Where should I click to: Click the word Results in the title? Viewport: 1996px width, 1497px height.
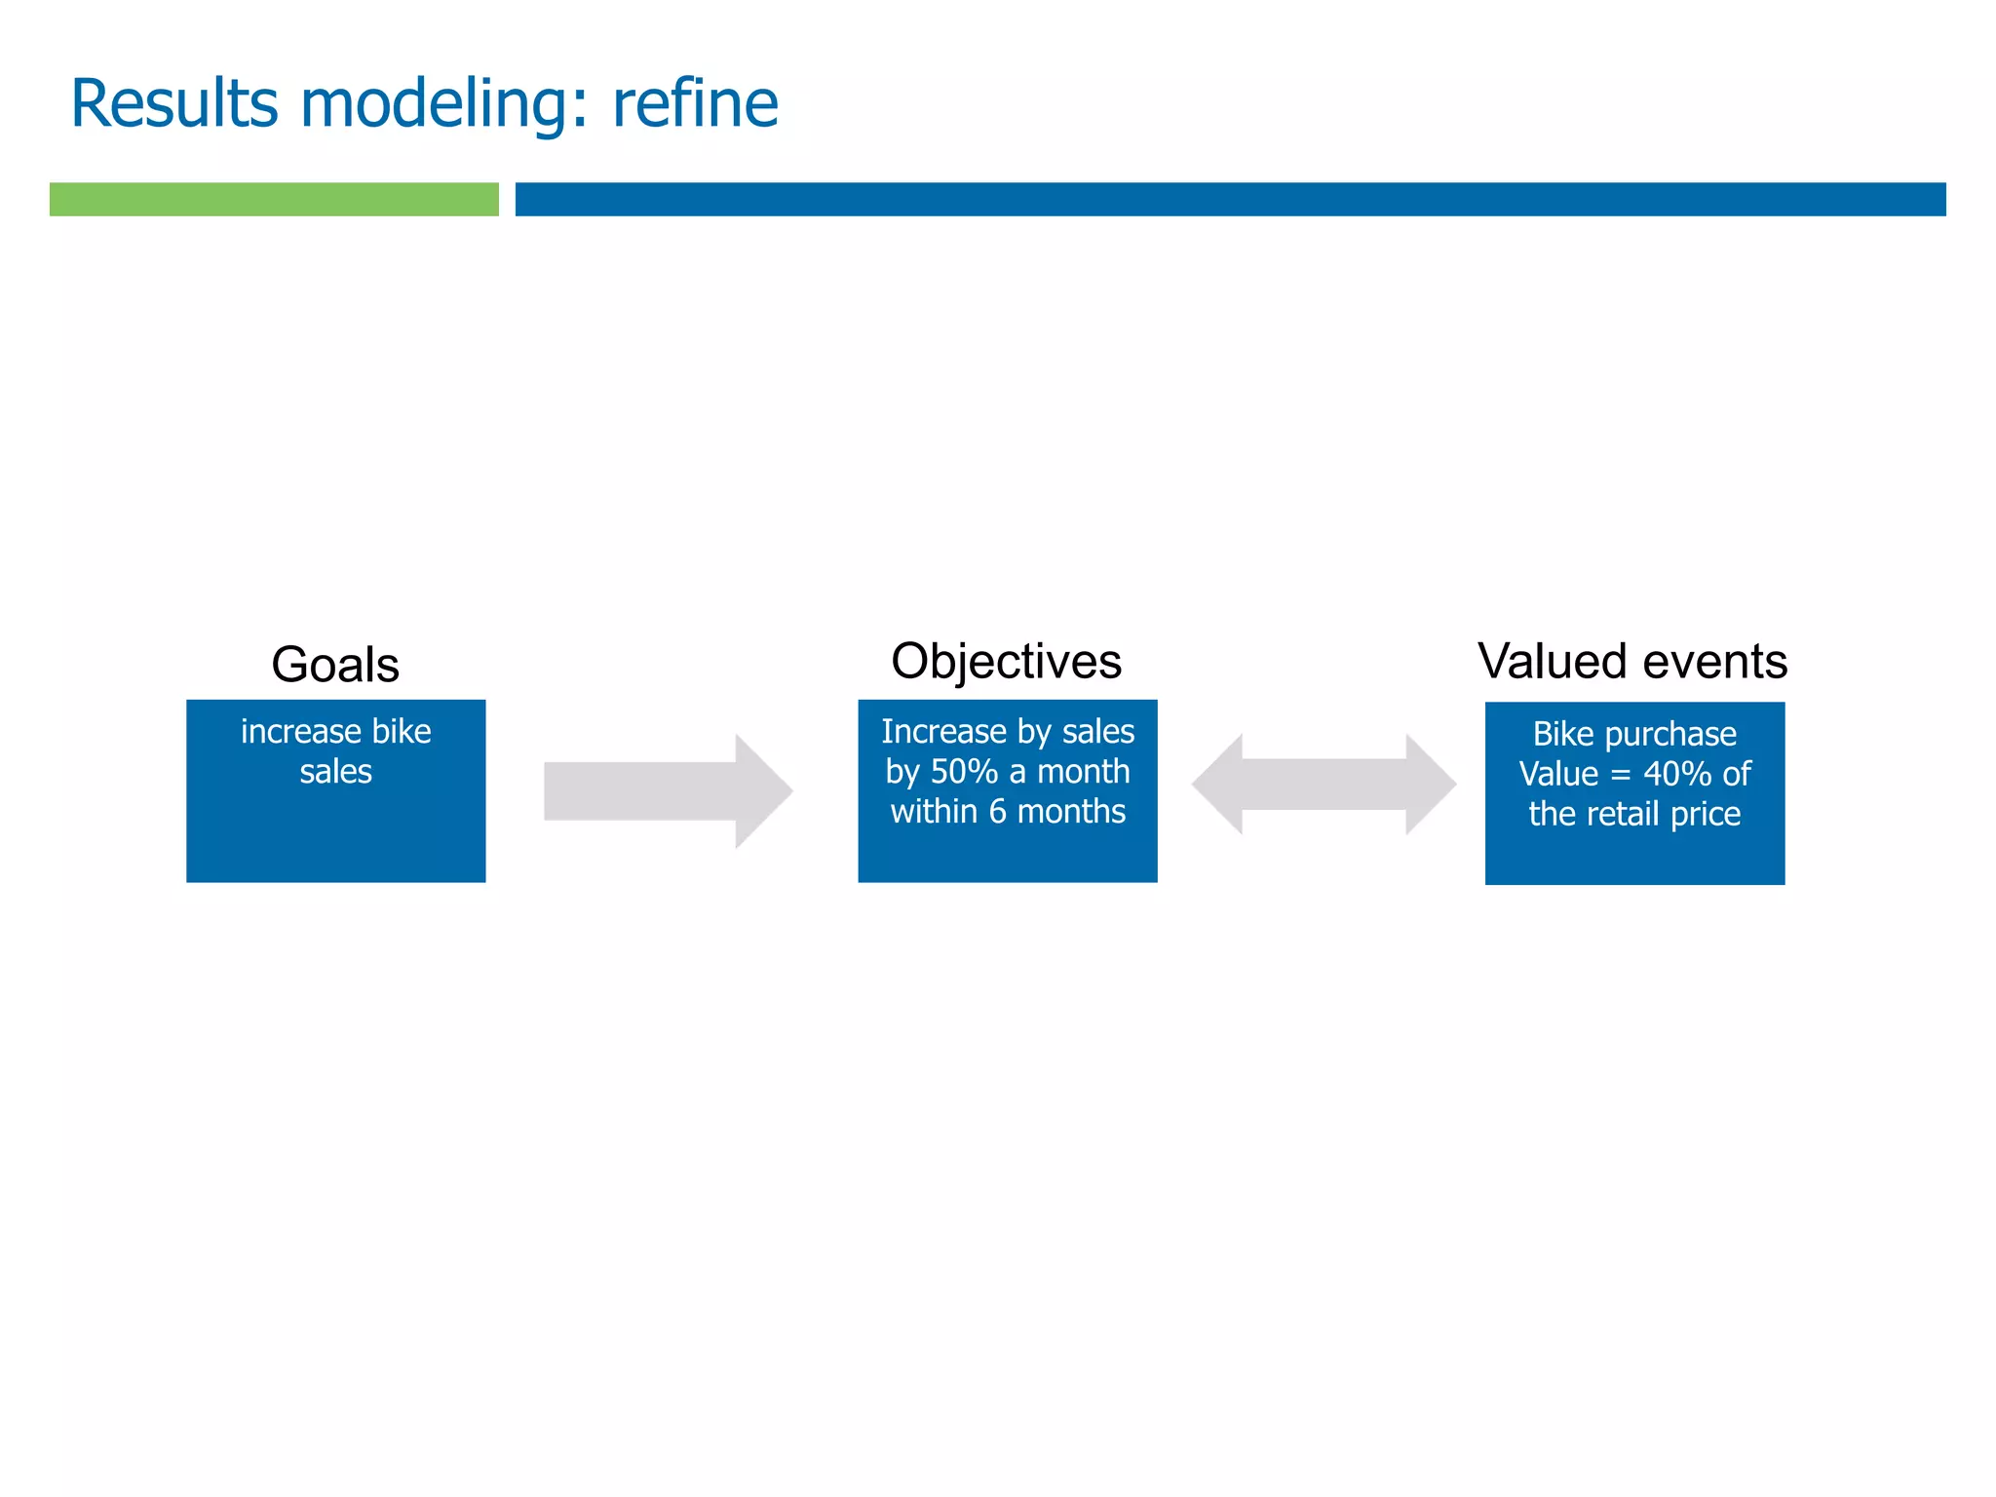pyautogui.click(x=174, y=103)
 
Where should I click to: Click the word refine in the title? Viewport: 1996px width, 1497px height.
pyautogui.click(x=695, y=103)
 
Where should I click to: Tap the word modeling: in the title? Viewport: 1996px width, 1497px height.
pyautogui.click(x=444, y=105)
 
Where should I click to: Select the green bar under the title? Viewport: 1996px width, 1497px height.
pyautogui.click(x=274, y=199)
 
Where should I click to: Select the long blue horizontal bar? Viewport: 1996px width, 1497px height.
pyautogui.click(x=1230, y=199)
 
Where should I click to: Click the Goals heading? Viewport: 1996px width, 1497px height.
pyautogui.click(x=335, y=665)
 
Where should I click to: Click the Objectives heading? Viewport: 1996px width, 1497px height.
pyautogui.click(x=1006, y=661)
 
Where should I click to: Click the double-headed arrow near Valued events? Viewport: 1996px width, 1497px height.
pyautogui.click(x=1324, y=785)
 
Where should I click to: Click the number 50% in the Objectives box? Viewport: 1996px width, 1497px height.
pyautogui.click(x=964, y=772)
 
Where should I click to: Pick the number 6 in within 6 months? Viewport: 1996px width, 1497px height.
pyautogui.click(x=997, y=812)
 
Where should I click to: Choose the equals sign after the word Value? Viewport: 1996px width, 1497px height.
pyautogui.click(x=1620, y=775)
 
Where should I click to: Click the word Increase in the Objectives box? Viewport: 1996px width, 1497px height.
pyautogui.click(x=943, y=731)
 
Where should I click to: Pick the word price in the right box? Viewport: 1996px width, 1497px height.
pyautogui.click(x=1706, y=814)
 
